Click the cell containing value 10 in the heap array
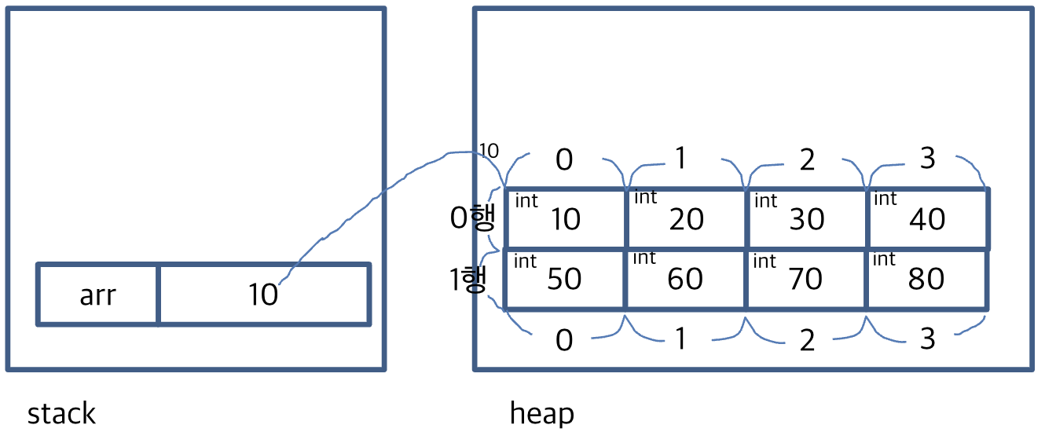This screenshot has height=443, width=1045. pyautogui.click(x=566, y=218)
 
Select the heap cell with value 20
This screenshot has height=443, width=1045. pyautogui.click(x=686, y=218)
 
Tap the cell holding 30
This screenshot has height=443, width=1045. pyautogui.click(x=807, y=218)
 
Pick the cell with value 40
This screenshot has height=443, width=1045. pyautogui.click(x=927, y=218)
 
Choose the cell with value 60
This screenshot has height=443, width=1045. pyautogui.click(x=685, y=279)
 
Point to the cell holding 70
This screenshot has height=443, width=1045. pyautogui.click(x=806, y=279)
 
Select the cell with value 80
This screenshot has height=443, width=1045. pyautogui.click(x=927, y=279)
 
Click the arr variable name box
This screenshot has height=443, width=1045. pyautogui.click(x=98, y=295)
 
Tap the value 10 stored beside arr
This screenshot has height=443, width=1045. pyautogui.click(x=263, y=295)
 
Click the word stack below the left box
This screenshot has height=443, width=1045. pyautogui.click(x=61, y=414)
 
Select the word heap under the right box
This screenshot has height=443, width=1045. pyautogui.click(x=541, y=414)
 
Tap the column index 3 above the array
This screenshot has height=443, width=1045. pyautogui.click(x=928, y=159)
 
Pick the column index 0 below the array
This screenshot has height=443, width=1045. pyautogui.click(x=564, y=340)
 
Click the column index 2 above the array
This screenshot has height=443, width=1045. pyautogui.click(x=807, y=159)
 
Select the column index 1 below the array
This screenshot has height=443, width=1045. pyautogui.click(x=680, y=340)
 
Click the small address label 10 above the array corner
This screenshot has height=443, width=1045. pyautogui.click(x=489, y=150)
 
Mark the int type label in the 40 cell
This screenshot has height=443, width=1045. pyautogui.click(x=885, y=200)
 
